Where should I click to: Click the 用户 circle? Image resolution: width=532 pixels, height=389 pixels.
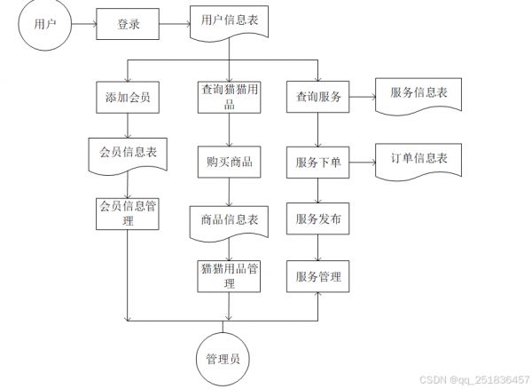pos(45,24)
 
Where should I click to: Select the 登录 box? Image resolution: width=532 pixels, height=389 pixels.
pos(128,24)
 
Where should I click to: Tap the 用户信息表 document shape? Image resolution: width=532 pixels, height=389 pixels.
pos(229,22)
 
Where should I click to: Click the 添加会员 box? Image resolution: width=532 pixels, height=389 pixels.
pos(128,97)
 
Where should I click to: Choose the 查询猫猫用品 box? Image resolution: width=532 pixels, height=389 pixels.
pos(229,97)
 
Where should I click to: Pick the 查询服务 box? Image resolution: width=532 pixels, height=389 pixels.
pos(318,97)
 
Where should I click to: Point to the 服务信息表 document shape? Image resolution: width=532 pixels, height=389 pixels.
pos(419,95)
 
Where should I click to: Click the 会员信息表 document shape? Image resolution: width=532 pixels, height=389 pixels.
pos(128,155)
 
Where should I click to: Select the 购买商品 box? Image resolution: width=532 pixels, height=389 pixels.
pos(229,162)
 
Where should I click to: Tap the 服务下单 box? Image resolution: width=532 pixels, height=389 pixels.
pos(318,163)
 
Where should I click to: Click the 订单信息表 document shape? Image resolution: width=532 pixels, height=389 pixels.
pos(419,161)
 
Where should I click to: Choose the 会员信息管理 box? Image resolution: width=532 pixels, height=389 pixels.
pos(128,214)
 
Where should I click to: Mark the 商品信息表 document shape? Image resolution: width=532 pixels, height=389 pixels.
pos(229,223)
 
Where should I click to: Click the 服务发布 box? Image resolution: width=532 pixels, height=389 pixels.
pos(318,218)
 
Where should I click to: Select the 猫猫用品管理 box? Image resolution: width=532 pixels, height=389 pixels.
pos(229,276)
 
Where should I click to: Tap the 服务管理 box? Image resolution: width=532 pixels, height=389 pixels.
pos(318,276)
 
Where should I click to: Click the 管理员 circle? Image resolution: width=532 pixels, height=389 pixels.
pos(223,359)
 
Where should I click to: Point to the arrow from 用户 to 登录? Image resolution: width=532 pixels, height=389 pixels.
pos(84,24)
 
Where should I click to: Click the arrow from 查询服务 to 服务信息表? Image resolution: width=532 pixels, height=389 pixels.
pos(363,97)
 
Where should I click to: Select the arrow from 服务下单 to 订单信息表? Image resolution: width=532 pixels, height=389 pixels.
pos(363,163)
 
